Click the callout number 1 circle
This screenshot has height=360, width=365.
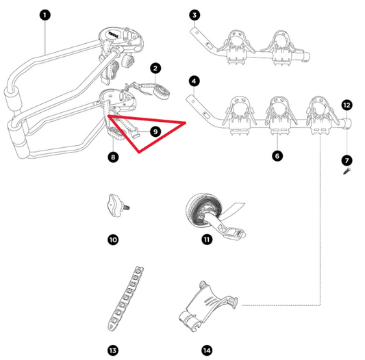coord(45,14)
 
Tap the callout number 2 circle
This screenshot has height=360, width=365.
coord(156,68)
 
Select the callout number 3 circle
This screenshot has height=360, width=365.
coord(195,14)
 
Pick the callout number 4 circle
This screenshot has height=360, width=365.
coord(195,81)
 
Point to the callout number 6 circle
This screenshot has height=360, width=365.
coord(277,156)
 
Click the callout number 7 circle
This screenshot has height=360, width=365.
coord(347,159)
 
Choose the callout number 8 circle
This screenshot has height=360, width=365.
coord(113,157)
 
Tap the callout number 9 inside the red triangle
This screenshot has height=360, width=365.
coord(155,130)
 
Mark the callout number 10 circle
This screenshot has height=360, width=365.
coord(113,240)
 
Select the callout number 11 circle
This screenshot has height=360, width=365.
coord(206,240)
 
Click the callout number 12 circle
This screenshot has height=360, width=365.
coord(347,105)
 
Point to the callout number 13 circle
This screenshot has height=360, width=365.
coord(113,350)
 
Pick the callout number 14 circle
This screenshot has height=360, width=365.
coord(206,350)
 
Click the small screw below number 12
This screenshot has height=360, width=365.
coord(347,174)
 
